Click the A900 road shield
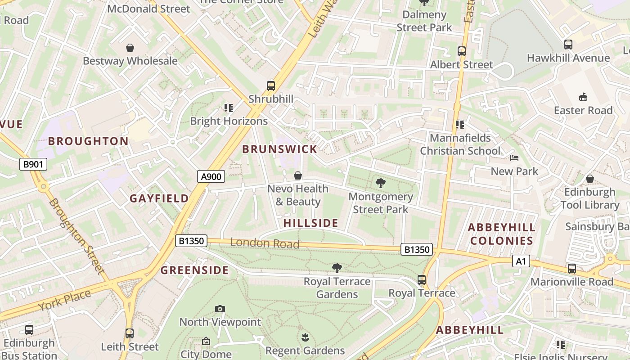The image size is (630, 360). pyautogui.click(x=211, y=177)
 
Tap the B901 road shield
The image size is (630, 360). pyautogui.click(x=34, y=164)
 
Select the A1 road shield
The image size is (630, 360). pyautogui.click(x=521, y=261)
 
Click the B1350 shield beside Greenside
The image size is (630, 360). pyautogui.click(x=191, y=241)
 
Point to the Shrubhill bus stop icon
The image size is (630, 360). pyautogui.click(x=270, y=85)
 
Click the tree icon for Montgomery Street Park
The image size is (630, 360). pyautogui.click(x=380, y=183)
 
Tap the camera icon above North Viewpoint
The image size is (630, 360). pyautogui.click(x=220, y=309)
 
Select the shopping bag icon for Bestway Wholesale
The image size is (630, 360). pyautogui.click(x=130, y=48)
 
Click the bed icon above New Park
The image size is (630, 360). pyautogui.click(x=514, y=158)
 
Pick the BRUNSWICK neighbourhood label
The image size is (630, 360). pyautogui.click(x=279, y=150)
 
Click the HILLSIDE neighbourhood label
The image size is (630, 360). pyautogui.click(x=310, y=223)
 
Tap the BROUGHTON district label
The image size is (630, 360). pyautogui.click(x=88, y=141)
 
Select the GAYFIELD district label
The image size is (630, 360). pyautogui.click(x=159, y=198)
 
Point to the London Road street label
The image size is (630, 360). pyautogui.click(x=265, y=243)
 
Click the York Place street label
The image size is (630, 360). pyautogui.click(x=64, y=300)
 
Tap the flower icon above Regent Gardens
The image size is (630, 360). pyautogui.click(x=305, y=337)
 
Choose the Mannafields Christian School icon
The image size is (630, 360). pyautogui.click(x=459, y=125)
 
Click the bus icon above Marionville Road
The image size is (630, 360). pyautogui.click(x=571, y=269)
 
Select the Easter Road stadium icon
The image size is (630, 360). pyautogui.click(x=583, y=97)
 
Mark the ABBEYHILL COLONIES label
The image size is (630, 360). pyautogui.click(x=501, y=234)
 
